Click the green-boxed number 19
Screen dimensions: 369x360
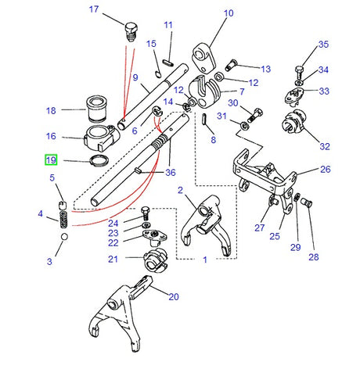51,160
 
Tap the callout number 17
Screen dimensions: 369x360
116,9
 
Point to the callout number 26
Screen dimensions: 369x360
325,170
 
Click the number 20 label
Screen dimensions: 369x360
173,296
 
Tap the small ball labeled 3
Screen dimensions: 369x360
63,237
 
